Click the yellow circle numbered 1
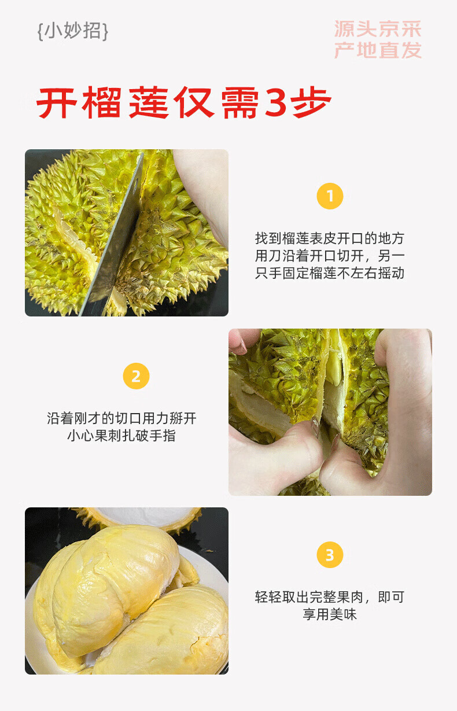(x=330, y=196)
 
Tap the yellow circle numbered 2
(x=136, y=376)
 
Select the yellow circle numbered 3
(x=330, y=555)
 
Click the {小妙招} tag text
(x=73, y=31)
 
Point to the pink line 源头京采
(x=378, y=29)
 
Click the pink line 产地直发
(x=378, y=50)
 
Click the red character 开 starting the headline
(x=57, y=102)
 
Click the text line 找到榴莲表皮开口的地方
(x=330, y=238)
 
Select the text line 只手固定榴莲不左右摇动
(x=330, y=272)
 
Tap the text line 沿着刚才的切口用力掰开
(x=122, y=418)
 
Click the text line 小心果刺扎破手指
(x=122, y=436)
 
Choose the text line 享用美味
(x=330, y=614)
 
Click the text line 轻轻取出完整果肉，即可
(x=330, y=596)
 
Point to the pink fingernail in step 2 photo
(x=239, y=347)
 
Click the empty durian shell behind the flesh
(x=143, y=518)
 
